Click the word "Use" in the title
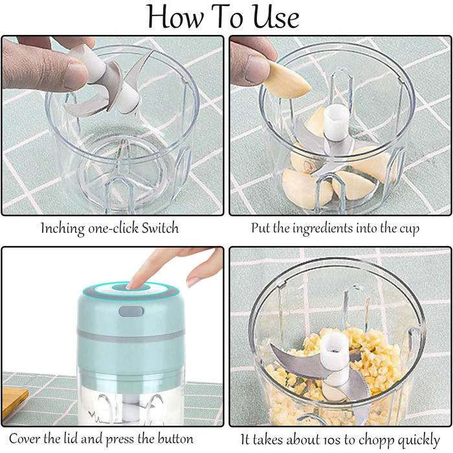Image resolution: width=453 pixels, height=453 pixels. pos(276,17)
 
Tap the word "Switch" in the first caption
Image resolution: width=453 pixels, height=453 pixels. pos(160,228)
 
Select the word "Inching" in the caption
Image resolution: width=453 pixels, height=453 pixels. pos(63,229)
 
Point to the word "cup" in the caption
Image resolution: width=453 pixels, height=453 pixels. pos(410,230)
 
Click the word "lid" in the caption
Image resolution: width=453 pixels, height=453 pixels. pos(71,439)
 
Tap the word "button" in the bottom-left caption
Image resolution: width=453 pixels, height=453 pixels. pos(175,439)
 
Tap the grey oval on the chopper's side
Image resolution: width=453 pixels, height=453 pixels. pos(131,311)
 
